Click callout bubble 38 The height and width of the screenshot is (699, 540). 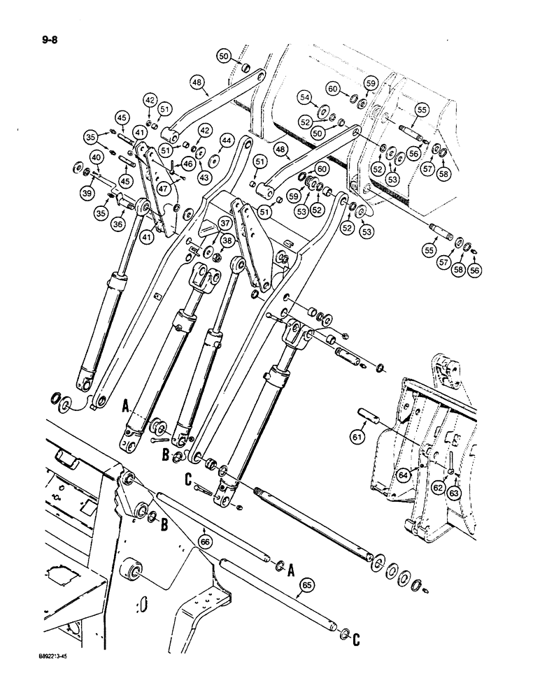coord(226,240)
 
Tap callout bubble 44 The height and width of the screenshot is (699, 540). coord(226,140)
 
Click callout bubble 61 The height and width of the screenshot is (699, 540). coord(357,437)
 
